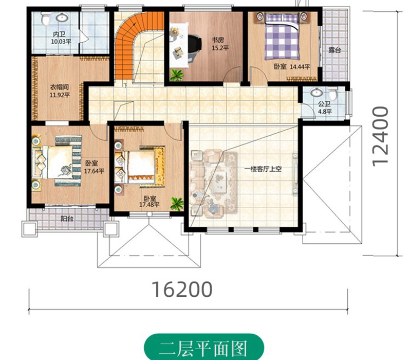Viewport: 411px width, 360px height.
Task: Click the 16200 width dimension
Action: point(182,290)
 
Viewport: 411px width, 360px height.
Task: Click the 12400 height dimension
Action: point(380,136)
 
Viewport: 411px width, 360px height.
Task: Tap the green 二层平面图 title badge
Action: point(203,348)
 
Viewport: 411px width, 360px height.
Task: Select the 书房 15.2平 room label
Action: point(219,44)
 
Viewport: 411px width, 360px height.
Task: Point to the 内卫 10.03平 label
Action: point(61,38)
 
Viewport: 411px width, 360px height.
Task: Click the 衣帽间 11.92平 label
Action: point(60,91)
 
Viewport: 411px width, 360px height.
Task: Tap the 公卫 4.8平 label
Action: point(325,108)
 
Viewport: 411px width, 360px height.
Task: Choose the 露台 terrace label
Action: point(335,50)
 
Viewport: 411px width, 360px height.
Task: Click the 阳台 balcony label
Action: point(67,218)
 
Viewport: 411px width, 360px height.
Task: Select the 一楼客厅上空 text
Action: point(263,169)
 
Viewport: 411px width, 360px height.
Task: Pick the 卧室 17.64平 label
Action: point(94,167)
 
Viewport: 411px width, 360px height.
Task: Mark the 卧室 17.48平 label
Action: point(150,201)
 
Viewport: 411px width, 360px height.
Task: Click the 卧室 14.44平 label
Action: point(292,67)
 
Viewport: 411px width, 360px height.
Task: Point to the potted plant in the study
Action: point(177,75)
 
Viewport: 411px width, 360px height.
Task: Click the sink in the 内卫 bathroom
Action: point(62,17)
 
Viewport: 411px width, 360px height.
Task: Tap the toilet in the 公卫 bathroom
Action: point(332,93)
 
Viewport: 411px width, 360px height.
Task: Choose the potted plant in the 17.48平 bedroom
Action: point(177,204)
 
